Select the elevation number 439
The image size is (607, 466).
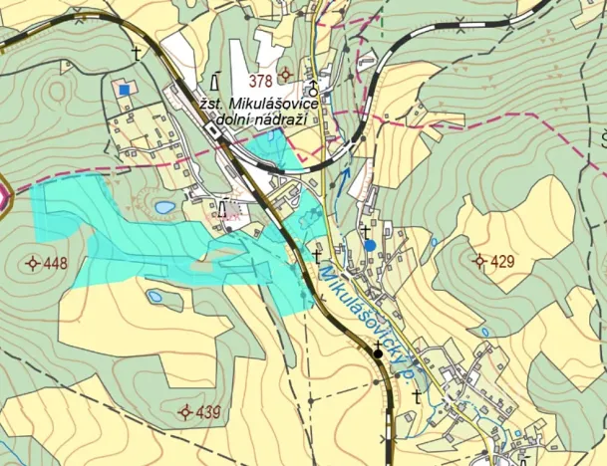(x=208, y=411)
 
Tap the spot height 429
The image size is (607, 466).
(x=502, y=262)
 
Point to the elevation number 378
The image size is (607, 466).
(x=262, y=81)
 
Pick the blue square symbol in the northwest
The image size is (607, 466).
(x=124, y=90)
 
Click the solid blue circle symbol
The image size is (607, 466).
(x=370, y=245)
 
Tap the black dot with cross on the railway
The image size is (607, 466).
(x=378, y=351)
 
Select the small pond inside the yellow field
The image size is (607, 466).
(x=155, y=297)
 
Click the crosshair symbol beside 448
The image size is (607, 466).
(x=33, y=264)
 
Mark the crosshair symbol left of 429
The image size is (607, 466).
(x=479, y=262)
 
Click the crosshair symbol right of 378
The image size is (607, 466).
(x=287, y=75)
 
